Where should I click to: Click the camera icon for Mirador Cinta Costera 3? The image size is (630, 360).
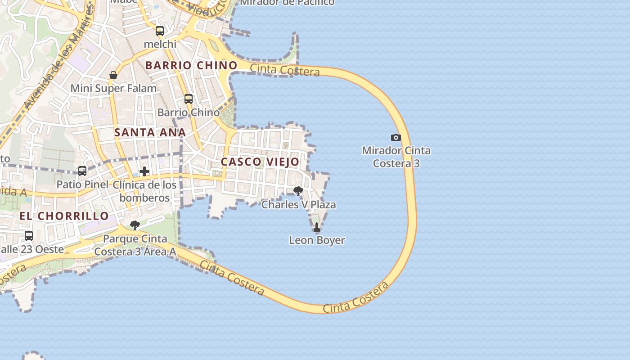(x=396, y=137)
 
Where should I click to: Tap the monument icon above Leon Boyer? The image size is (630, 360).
(x=317, y=227)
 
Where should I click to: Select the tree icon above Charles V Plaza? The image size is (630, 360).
(x=298, y=191)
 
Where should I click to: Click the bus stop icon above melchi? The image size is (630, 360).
(x=160, y=31)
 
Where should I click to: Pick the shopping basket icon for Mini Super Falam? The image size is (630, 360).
(x=113, y=75)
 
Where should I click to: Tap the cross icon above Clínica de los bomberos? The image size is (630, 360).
(x=144, y=171)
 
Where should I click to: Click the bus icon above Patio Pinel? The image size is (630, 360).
(x=82, y=171)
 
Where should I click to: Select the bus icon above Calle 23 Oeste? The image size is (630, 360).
(x=29, y=235)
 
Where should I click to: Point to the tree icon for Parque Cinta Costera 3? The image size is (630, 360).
(x=135, y=225)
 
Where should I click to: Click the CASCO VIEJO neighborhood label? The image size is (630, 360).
(x=260, y=162)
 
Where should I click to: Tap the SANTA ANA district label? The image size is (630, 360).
(x=150, y=132)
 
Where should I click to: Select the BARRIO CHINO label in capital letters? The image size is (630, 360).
(x=191, y=65)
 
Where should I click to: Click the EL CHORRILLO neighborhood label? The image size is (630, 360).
(x=64, y=216)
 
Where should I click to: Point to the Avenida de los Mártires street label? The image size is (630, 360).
(x=58, y=58)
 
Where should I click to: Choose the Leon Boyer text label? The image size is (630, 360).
(x=317, y=240)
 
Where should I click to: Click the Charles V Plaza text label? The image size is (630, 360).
(x=299, y=205)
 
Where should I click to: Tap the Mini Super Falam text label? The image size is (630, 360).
(x=113, y=88)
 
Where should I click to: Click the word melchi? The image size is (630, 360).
(x=160, y=44)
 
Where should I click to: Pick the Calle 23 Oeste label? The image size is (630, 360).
(x=31, y=249)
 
